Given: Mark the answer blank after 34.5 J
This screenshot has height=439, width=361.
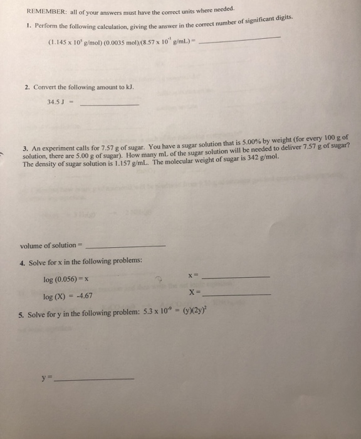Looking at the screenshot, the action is [110, 105].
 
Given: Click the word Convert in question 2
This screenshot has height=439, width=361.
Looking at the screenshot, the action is [46, 87].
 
